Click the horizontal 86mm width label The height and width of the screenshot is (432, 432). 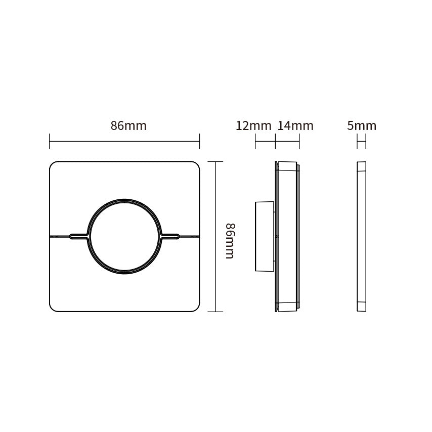tap(128, 125)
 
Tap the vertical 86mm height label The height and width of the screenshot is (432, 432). tap(230, 241)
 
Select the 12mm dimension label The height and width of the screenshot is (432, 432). tap(253, 125)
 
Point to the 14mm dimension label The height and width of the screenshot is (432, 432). tap(295, 125)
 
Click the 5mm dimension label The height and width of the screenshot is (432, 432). tap(362, 125)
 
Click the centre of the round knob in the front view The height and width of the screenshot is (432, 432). tap(124, 236)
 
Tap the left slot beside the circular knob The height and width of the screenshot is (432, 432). tap(79, 236)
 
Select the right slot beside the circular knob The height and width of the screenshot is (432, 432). tap(170, 236)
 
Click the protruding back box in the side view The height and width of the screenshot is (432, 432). tap(265, 236)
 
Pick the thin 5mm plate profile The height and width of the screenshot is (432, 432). tap(362, 236)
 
